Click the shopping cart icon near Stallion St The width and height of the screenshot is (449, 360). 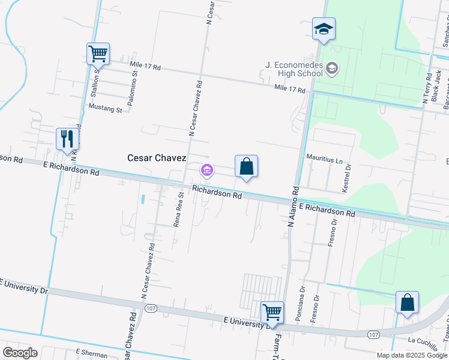point(98,53)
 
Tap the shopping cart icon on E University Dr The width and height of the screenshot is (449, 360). point(273,313)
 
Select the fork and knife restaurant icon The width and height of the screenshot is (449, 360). point(67,139)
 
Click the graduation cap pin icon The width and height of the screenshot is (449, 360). point(324,29)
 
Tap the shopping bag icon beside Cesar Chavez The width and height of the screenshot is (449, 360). point(246,167)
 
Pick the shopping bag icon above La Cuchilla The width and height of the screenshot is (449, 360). point(407,303)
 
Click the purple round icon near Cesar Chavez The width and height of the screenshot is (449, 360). point(207,172)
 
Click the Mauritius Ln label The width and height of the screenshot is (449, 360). point(325,161)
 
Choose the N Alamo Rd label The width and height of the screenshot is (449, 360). point(294,206)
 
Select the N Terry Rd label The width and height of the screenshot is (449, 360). point(427,89)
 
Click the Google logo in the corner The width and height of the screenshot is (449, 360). point(20,352)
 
